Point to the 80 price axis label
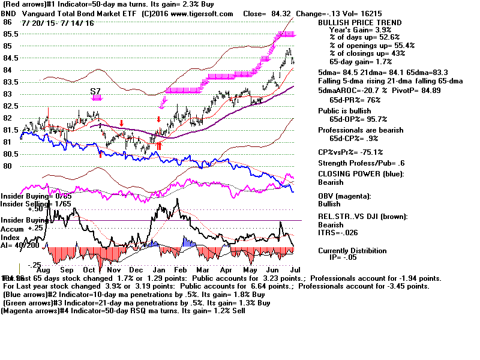tap(8, 166)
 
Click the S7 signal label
tap(95, 91)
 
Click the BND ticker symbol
tap(8, 13)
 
